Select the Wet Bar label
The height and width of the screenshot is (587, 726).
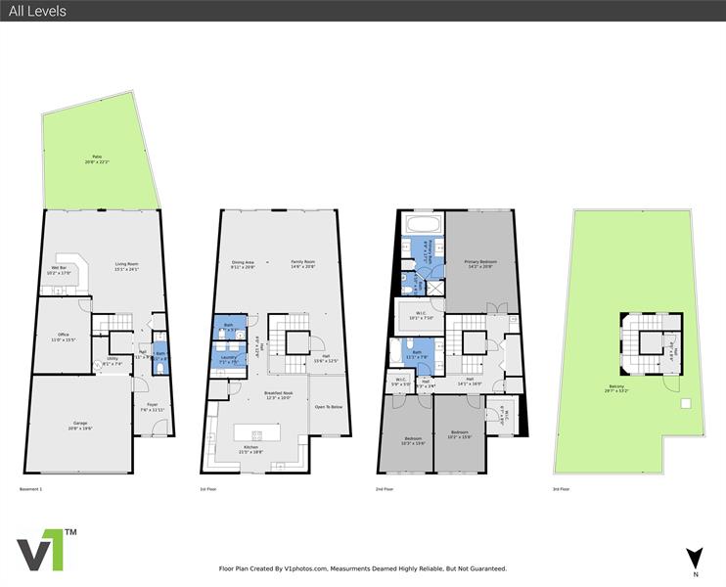59,270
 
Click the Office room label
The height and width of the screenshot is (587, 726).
63,338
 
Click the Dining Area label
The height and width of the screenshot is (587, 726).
243,263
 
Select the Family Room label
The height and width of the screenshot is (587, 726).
302,263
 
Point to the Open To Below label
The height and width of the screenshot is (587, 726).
327,406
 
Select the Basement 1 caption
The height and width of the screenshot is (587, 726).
31,488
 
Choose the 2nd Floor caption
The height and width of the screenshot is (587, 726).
385,488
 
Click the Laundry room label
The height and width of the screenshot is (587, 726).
227,358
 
